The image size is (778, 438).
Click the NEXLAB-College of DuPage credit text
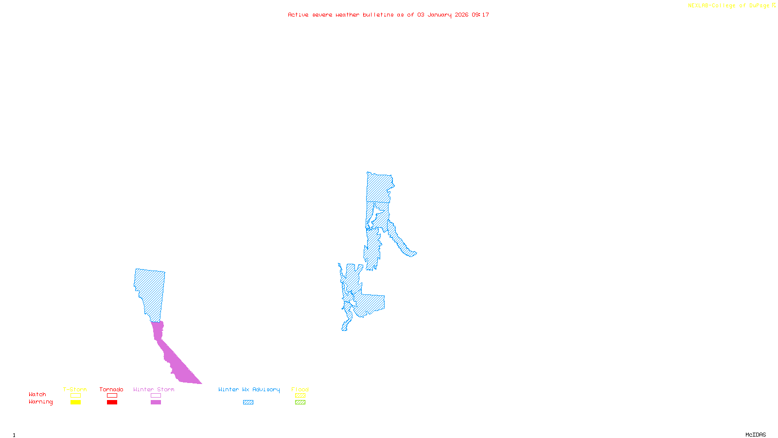[731, 6]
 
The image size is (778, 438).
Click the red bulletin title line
[389, 15]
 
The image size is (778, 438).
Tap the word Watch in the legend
[37, 395]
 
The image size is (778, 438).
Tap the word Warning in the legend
[41, 402]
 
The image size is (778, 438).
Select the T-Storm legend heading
[75, 389]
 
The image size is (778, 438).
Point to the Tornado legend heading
[111, 389]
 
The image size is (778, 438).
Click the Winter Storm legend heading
[154, 389]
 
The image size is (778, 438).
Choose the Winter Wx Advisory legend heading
[249, 389]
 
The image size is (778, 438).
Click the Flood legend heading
[300, 389]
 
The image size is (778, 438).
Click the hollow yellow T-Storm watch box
[75, 396]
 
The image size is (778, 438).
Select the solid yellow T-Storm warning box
[75, 402]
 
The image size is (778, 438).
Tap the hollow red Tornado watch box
[112, 396]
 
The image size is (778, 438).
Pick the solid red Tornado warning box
[112, 402]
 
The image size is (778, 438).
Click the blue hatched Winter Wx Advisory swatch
[248, 402]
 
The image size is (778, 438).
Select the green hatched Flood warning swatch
[300, 402]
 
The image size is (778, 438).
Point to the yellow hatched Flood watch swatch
[300, 396]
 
